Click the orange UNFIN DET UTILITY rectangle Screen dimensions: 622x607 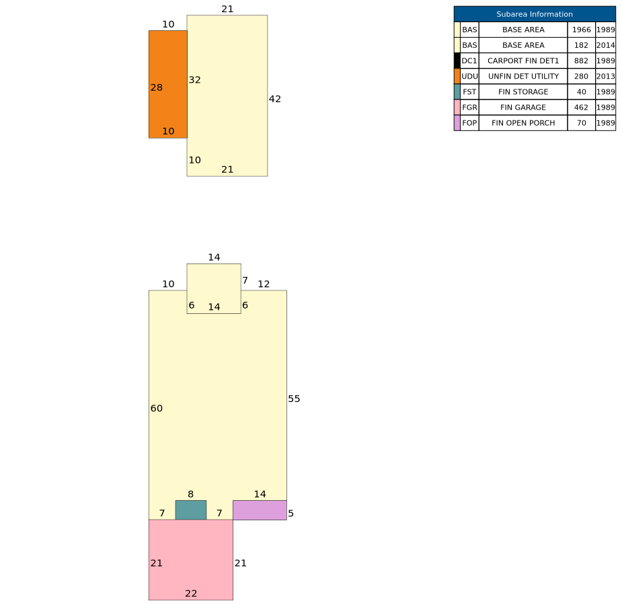(168, 85)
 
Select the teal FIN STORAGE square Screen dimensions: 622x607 (191, 510)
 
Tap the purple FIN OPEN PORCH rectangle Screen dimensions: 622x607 (260, 510)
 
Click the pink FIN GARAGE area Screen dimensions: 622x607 (191, 560)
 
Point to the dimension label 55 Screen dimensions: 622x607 (294, 399)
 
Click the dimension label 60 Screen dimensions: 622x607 (156, 409)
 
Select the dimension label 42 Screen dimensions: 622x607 (275, 99)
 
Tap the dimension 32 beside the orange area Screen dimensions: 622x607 (194, 80)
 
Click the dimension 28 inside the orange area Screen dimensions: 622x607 (156, 87)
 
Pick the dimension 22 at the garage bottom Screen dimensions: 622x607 (191, 594)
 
